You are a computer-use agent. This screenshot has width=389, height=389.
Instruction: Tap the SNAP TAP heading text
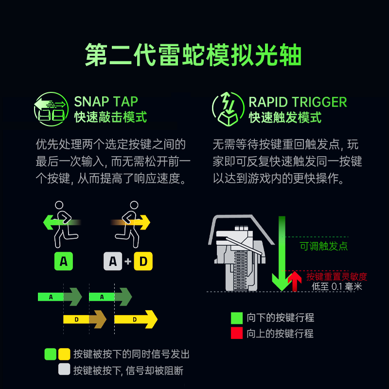click(x=106, y=102)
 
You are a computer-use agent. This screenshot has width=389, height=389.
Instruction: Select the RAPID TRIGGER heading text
click(x=298, y=102)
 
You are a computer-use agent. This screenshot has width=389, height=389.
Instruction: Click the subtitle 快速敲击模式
click(x=110, y=117)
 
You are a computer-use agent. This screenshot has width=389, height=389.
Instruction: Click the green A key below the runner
click(x=63, y=261)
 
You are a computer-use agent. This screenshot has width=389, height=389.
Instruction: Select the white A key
click(x=113, y=261)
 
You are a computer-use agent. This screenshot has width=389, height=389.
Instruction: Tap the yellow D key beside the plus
click(x=143, y=261)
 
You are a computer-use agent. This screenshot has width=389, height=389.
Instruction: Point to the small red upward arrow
click(x=294, y=281)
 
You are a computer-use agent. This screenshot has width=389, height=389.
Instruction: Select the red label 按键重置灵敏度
click(x=336, y=277)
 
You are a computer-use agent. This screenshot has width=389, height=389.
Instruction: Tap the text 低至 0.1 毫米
click(x=336, y=286)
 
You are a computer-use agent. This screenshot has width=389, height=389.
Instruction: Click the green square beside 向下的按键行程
click(x=237, y=318)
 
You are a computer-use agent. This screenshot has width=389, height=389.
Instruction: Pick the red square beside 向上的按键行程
click(x=237, y=333)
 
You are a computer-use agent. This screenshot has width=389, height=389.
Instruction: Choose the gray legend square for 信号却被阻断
click(x=64, y=369)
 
